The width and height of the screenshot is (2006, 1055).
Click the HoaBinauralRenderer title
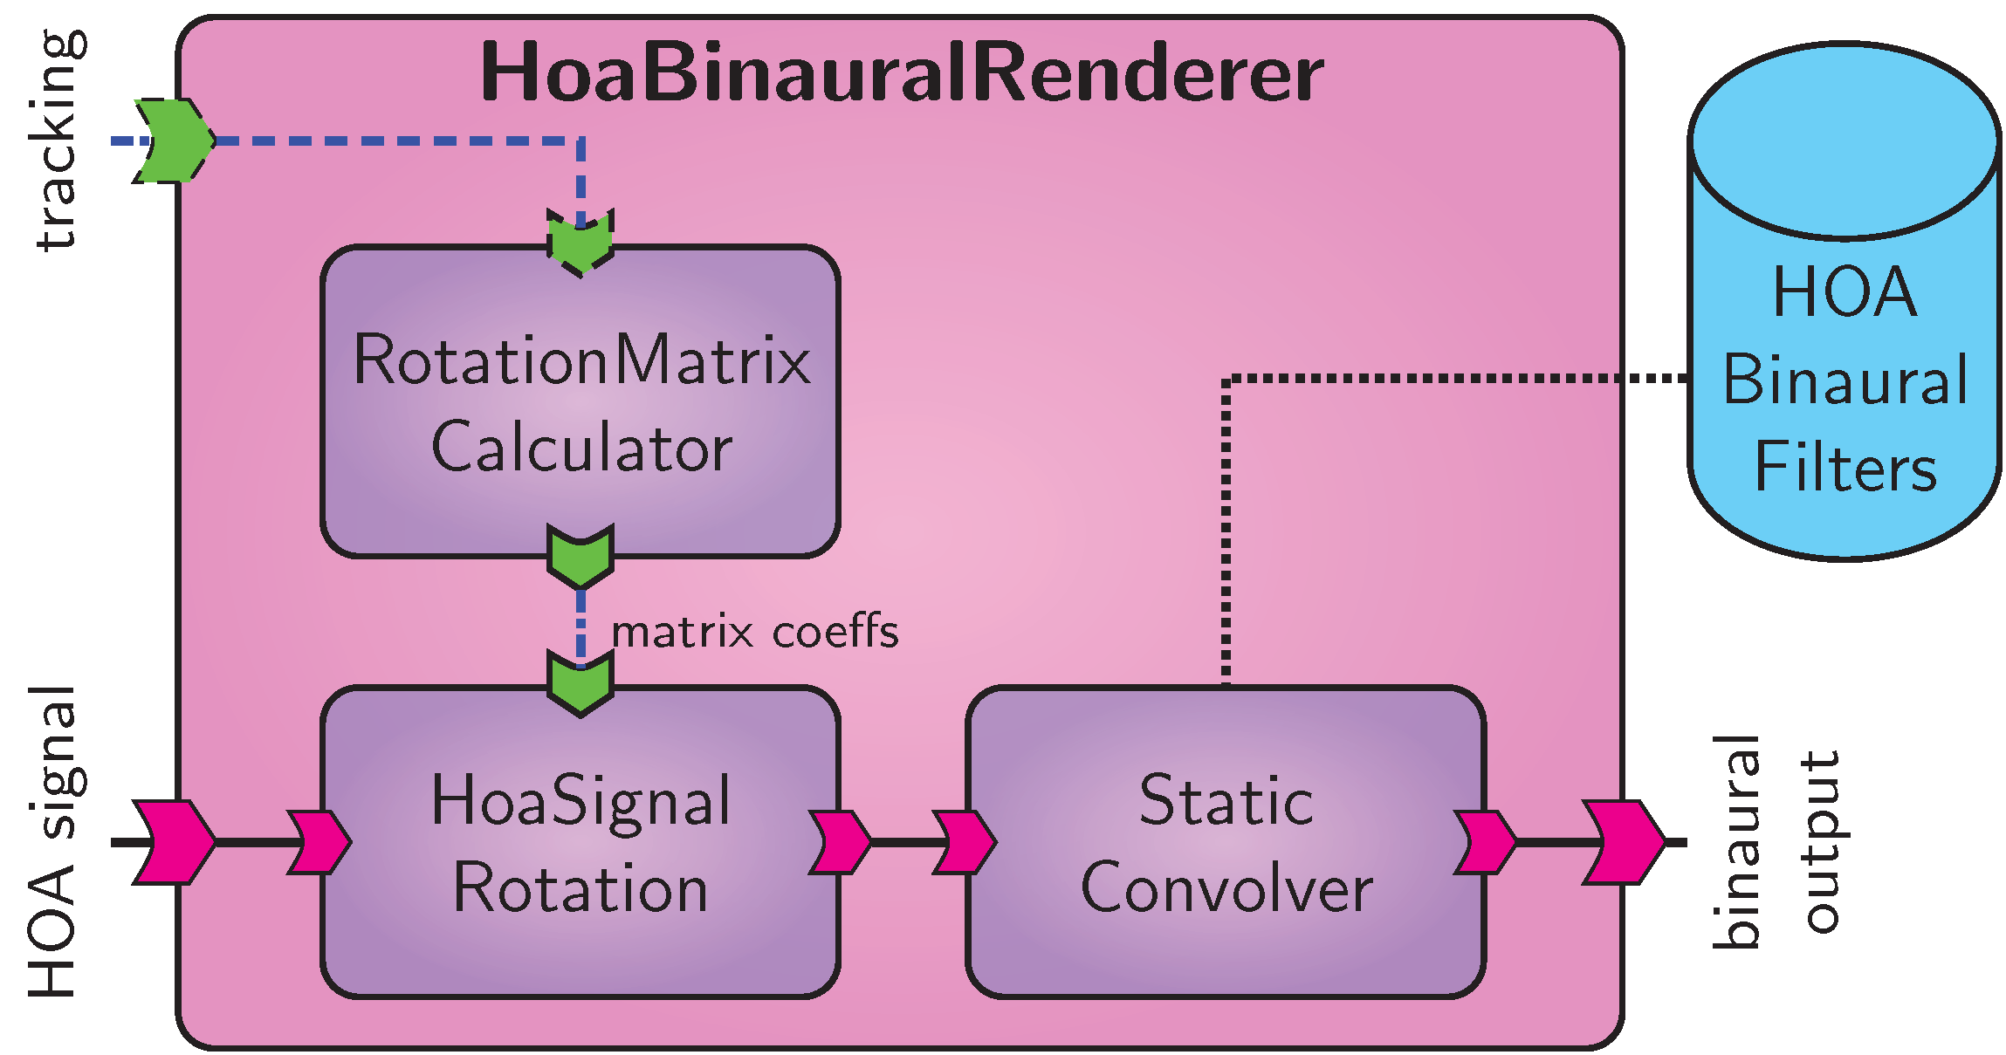coord(901,73)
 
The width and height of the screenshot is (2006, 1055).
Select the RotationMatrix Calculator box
coord(581,401)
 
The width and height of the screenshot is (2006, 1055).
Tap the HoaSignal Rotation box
coord(581,842)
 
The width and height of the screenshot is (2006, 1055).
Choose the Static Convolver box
coord(1226,842)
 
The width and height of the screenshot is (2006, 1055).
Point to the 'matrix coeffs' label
coord(754,632)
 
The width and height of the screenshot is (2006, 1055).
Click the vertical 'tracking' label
coord(59,140)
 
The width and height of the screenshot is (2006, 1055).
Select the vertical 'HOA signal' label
coord(52,842)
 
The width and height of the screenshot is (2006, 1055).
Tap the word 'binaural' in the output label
coord(1735,842)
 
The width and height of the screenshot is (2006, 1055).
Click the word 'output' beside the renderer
coord(1821,842)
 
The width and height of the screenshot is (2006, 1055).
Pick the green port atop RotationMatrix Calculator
coord(581,243)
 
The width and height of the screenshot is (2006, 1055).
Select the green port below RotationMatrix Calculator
coord(581,556)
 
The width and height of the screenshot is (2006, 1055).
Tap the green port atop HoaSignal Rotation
coord(581,683)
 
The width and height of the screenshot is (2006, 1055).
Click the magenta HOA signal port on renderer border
coord(175,842)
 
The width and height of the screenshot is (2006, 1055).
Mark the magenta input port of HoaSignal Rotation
coord(319,842)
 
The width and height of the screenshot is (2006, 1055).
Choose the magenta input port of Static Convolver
coord(965,842)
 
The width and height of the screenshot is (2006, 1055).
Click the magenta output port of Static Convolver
coord(1485,842)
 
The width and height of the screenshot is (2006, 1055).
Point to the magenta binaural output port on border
coord(1624,842)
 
